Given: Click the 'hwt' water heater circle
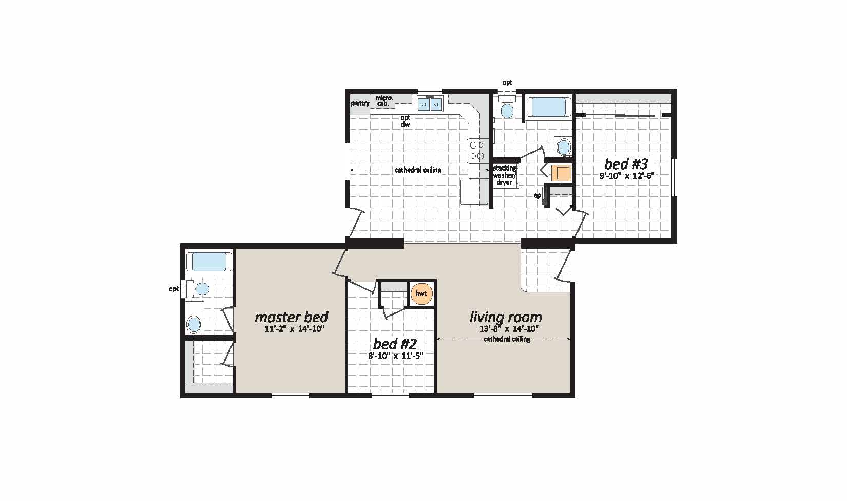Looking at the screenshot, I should (x=421, y=294).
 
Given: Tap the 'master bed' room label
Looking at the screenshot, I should (x=291, y=317).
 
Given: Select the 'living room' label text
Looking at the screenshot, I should (x=506, y=317).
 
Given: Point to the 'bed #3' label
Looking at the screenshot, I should (x=626, y=164).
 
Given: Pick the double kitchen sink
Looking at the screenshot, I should (x=430, y=104).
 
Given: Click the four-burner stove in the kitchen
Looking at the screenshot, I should (x=476, y=150).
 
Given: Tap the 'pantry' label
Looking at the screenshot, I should (x=360, y=103).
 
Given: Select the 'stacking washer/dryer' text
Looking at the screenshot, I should (x=505, y=175).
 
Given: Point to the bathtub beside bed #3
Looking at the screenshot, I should (x=548, y=107).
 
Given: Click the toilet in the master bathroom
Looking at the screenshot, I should (x=201, y=289).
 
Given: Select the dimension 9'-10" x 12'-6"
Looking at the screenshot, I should (x=627, y=176).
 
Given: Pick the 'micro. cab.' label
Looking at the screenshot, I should (x=384, y=101).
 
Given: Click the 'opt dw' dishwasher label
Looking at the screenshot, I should (x=405, y=121).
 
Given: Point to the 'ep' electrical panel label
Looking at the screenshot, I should (x=537, y=195).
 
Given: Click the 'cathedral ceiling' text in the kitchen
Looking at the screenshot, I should (x=418, y=170).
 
